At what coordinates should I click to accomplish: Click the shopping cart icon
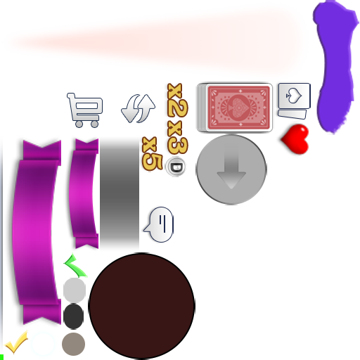(x=85, y=110)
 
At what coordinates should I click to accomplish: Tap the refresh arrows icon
(x=138, y=108)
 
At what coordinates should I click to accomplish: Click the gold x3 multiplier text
(x=178, y=137)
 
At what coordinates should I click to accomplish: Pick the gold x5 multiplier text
(x=153, y=154)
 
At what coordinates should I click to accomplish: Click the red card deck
(x=235, y=108)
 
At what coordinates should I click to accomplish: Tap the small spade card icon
(x=295, y=101)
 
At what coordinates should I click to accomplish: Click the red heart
(x=295, y=139)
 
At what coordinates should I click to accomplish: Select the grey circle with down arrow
(x=231, y=169)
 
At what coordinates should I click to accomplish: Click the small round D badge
(x=176, y=167)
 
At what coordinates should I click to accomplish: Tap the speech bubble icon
(x=160, y=224)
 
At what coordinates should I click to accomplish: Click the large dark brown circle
(x=142, y=306)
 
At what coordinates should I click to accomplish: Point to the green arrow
(x=75, y=266)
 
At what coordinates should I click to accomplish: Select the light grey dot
(x=75, y=290)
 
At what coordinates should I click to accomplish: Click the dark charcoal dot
(x=73, y=316)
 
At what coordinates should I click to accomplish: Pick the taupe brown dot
(x=73, y=344)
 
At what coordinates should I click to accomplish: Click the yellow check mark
(x=16, y=342)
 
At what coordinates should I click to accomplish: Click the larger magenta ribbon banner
(x=37, y=232)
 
